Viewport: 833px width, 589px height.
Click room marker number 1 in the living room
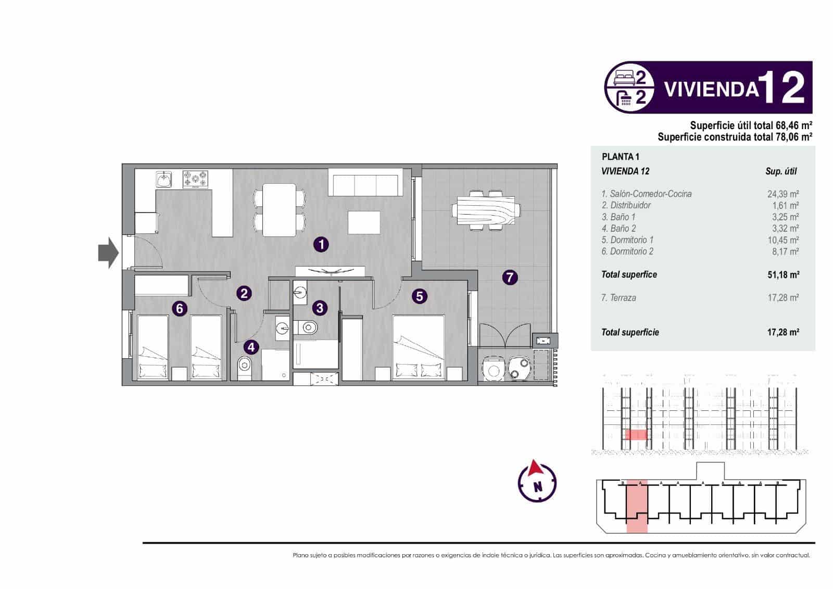pos(321,244)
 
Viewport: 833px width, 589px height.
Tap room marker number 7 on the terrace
pos(510,277)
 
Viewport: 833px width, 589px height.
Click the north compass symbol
pos(537,481)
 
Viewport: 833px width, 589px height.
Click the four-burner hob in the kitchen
pos(195,180)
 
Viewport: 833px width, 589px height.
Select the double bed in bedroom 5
pos(419,348)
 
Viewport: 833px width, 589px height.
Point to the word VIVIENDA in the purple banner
pos(711,89)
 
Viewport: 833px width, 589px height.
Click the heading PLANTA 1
pos(620,156)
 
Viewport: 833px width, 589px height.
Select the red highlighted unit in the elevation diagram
pos(635,435)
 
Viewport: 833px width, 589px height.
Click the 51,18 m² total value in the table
pos(782,274)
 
